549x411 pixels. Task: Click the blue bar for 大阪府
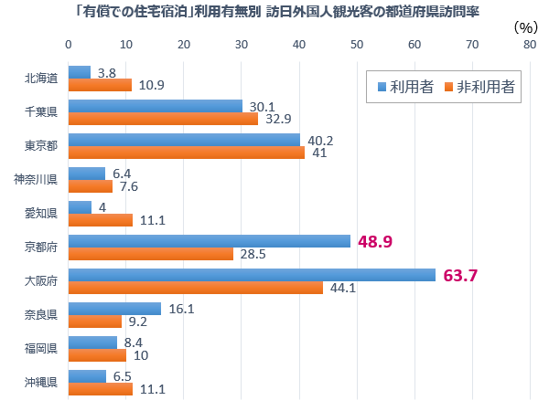click(x=252, y=275)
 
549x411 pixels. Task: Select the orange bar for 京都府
click(x=151, y=254)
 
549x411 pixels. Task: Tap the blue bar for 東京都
click(x=184, y=140)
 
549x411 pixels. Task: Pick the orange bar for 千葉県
click(x=163, y=119)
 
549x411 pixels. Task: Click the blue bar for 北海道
click(x=80, y=72)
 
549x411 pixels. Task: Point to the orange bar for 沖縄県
click(x=101, y=389)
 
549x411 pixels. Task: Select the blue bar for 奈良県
click(x=114, y=309)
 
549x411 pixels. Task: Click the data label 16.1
click(x=180, y=309)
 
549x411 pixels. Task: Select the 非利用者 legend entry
click(x=478, y=88)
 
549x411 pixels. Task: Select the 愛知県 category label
click(x=42, y=214)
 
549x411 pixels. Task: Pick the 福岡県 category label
click(x=42, y=349)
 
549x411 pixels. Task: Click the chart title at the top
click(x=275, y=11)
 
